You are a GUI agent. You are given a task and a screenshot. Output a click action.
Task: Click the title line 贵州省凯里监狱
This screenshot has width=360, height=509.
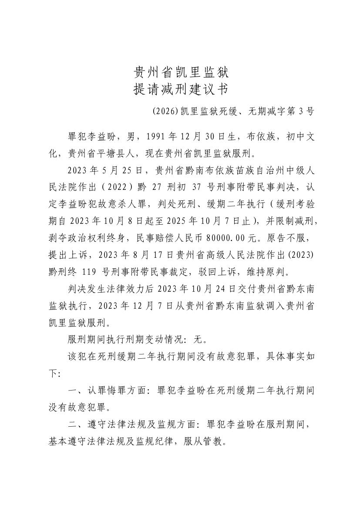click(180, 72)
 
